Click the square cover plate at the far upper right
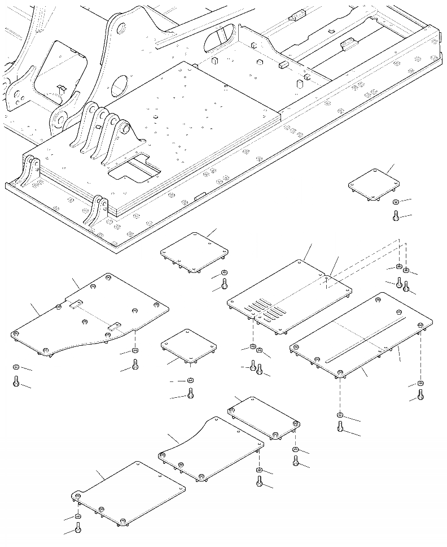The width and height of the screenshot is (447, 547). [x=374, y=183]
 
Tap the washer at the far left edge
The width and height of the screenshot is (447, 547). [x=16, y=367]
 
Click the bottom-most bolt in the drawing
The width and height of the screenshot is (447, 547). [x=78, y=529]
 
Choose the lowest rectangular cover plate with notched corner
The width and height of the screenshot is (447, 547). [x=129, y=491]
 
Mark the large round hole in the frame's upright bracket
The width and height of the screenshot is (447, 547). [x=120, y=86]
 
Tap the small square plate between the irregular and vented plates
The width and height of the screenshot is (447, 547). [x=189, y=346]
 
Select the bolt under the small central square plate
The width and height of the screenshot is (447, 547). [x=190, y=393]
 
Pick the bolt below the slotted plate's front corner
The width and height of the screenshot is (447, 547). [x=340, y=427]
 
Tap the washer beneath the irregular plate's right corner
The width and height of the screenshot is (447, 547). [x=135, y=352]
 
